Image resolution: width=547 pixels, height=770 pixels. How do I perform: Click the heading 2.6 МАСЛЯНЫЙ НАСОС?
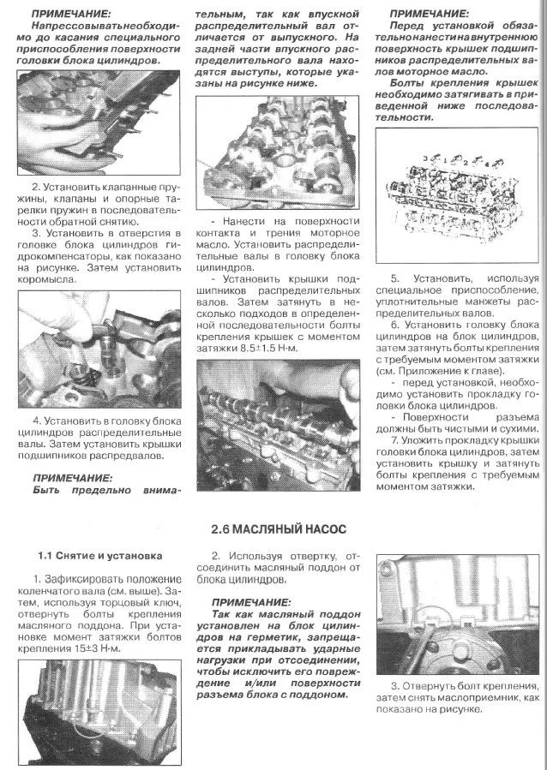pyautogui.click(x=279, y=529)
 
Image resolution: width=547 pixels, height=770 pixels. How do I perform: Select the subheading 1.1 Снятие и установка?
pyautogui.click(x=99, y=556)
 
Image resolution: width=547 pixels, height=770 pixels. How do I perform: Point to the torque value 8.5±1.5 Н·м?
pyautogui.click(x=268, y=348)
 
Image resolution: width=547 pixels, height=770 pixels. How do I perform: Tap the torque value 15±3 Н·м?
pyautogui.click(x=94, y=648)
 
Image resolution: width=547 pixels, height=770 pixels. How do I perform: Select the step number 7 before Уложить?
pyautogui.click(x=394, y=439)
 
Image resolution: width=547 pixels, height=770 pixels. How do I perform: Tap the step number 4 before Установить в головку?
pyautogui.click(x=36, y=421)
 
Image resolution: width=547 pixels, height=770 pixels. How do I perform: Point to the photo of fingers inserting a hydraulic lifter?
pyautogui.click(x=99, y=349)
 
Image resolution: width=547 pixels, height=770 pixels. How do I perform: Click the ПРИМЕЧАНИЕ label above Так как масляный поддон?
pyautogui.click(x=251, y=602)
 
